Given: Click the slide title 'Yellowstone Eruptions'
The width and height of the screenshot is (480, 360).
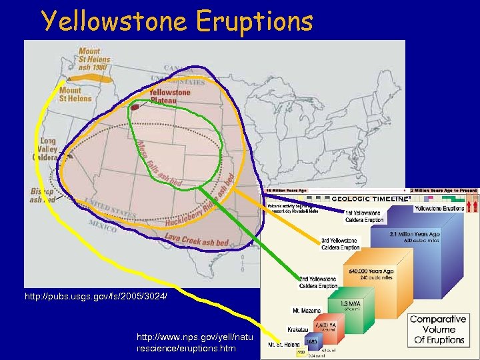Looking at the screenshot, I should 177,21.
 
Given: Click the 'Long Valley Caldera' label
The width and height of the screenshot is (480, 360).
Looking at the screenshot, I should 48,149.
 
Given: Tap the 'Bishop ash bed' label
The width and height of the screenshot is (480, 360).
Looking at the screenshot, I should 41,194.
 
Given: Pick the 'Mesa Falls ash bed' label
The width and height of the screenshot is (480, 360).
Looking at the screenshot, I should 159,164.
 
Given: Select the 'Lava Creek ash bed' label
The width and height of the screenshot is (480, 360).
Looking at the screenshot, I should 197,241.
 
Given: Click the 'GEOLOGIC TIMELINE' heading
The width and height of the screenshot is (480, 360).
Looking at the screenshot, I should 369,199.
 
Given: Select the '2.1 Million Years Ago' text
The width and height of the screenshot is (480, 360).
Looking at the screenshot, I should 416,234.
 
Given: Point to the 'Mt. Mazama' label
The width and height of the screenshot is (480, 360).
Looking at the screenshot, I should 307,310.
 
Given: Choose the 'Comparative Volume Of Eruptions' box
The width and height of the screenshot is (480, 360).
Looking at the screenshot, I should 437,329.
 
